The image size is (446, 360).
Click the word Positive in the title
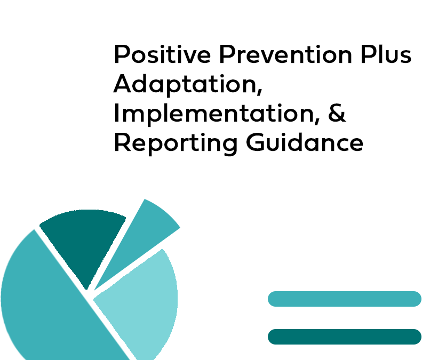pos(162,54)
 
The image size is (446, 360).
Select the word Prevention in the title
pos(286,54)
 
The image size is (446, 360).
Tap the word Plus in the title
pos(386,54)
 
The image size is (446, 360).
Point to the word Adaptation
pos(186,84)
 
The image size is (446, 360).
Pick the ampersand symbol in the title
pos(337,113)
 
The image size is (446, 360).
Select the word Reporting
pos(176,143)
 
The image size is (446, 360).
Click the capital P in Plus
pos(368,54)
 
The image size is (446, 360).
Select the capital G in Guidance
pos(255,142)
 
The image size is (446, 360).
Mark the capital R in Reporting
pos(122,142)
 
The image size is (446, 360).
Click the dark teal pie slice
pos(83,242)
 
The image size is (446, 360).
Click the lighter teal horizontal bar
pos(345,299)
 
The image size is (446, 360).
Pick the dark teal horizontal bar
pos(345,337)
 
